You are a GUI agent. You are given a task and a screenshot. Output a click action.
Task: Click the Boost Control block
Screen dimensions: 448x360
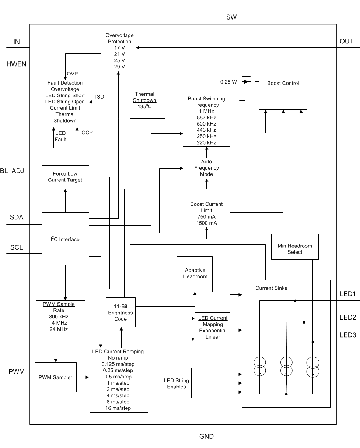coord(283,84)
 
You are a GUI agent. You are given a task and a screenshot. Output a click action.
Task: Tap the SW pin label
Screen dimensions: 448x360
coord(231,17)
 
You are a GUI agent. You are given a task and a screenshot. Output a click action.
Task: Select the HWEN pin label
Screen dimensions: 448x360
coord(17,64)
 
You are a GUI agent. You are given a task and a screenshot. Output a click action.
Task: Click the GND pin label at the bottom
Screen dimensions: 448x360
coord(206,437)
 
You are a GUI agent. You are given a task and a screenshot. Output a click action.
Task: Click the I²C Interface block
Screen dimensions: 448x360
coord(65,239)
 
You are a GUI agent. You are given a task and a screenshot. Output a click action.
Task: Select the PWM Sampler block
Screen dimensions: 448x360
coord(56,377)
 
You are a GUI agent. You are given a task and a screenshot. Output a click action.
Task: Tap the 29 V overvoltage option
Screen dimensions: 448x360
coord(119,67)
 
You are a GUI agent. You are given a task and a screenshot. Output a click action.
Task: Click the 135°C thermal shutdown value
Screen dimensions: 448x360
coord(144,107)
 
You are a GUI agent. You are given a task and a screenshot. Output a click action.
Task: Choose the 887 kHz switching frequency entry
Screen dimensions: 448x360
coord(206,117)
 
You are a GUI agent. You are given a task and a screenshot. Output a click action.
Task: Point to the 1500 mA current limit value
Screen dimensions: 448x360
coord(206,223)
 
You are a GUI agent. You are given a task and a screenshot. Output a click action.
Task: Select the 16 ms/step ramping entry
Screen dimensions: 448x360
coord(118,408)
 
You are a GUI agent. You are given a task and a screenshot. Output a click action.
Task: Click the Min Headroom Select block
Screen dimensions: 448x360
coord(295,249)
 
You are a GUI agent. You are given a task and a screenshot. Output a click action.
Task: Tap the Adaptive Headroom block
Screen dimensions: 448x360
coord(195,274)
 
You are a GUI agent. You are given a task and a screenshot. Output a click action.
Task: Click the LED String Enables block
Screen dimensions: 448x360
coord(176,384)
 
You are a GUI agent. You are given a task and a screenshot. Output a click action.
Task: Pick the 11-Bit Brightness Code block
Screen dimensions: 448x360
coord(120,313)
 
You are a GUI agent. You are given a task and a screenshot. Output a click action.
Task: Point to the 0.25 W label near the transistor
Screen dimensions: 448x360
coord(228,82)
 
